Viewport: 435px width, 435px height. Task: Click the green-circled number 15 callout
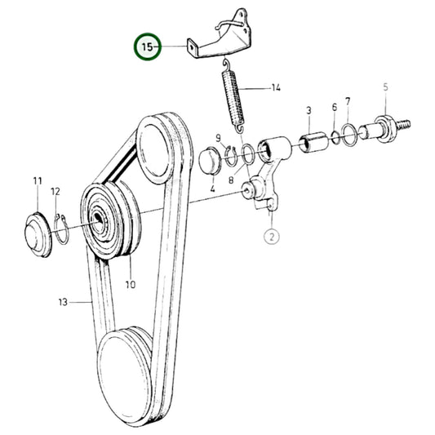(x=148, y=47)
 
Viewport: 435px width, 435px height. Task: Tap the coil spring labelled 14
(x=234, y=98)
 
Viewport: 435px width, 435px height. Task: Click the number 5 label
(x=386, y=87)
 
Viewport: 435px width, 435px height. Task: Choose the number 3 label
(x=308, y=109)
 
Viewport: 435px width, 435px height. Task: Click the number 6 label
(x=334, y=108)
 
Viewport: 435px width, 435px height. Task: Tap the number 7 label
(x=348, y=102)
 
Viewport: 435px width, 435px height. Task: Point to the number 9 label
(x=218, y=138)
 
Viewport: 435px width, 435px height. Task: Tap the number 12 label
(x=55, y=191)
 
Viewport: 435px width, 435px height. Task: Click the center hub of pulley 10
(x=99, y=218)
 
